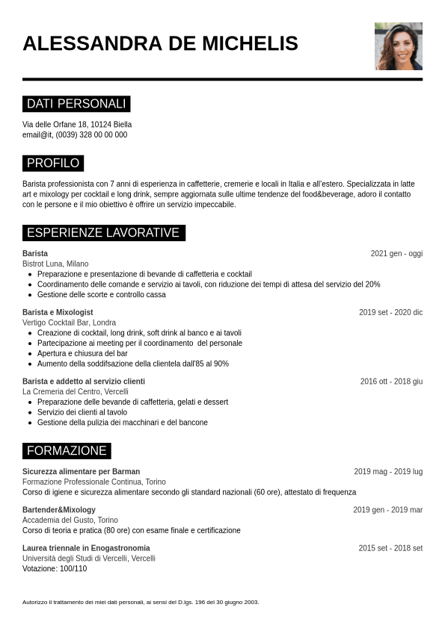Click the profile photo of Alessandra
pos(398,46)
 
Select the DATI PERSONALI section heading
pos(76,104)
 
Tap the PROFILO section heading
pos(53,163)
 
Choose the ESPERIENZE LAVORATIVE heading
pos(103,233)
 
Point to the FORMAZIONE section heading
pos(67,450)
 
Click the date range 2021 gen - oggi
pos(396,254)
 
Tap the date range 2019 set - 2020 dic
pos(390,312)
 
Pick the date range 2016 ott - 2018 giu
pos(391,382)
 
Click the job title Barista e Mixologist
pos(58,312)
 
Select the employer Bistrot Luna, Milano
pos(55,264)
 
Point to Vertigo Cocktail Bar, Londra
pos(69,323)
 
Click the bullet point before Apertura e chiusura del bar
pos(30,353)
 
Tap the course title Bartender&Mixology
pos(59,510)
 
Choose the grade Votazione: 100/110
pos(55,568)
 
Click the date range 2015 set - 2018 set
pos(390,548)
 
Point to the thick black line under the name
pos(222,79)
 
